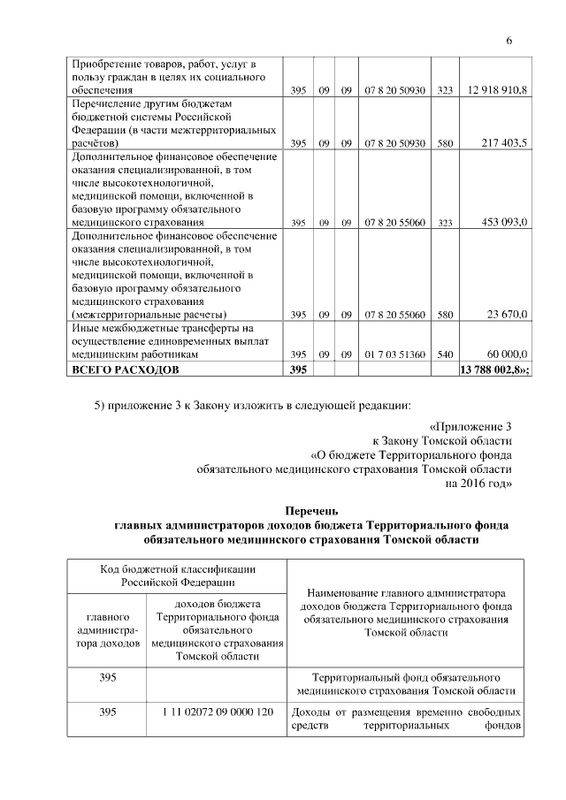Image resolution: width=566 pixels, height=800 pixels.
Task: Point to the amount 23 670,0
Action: coord(508,314)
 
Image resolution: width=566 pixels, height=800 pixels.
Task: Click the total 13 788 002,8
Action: coord(493,369)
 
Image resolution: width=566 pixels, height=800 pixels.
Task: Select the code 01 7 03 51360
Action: coord(394,354)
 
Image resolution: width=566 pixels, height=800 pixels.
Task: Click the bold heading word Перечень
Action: coord(310,510)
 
